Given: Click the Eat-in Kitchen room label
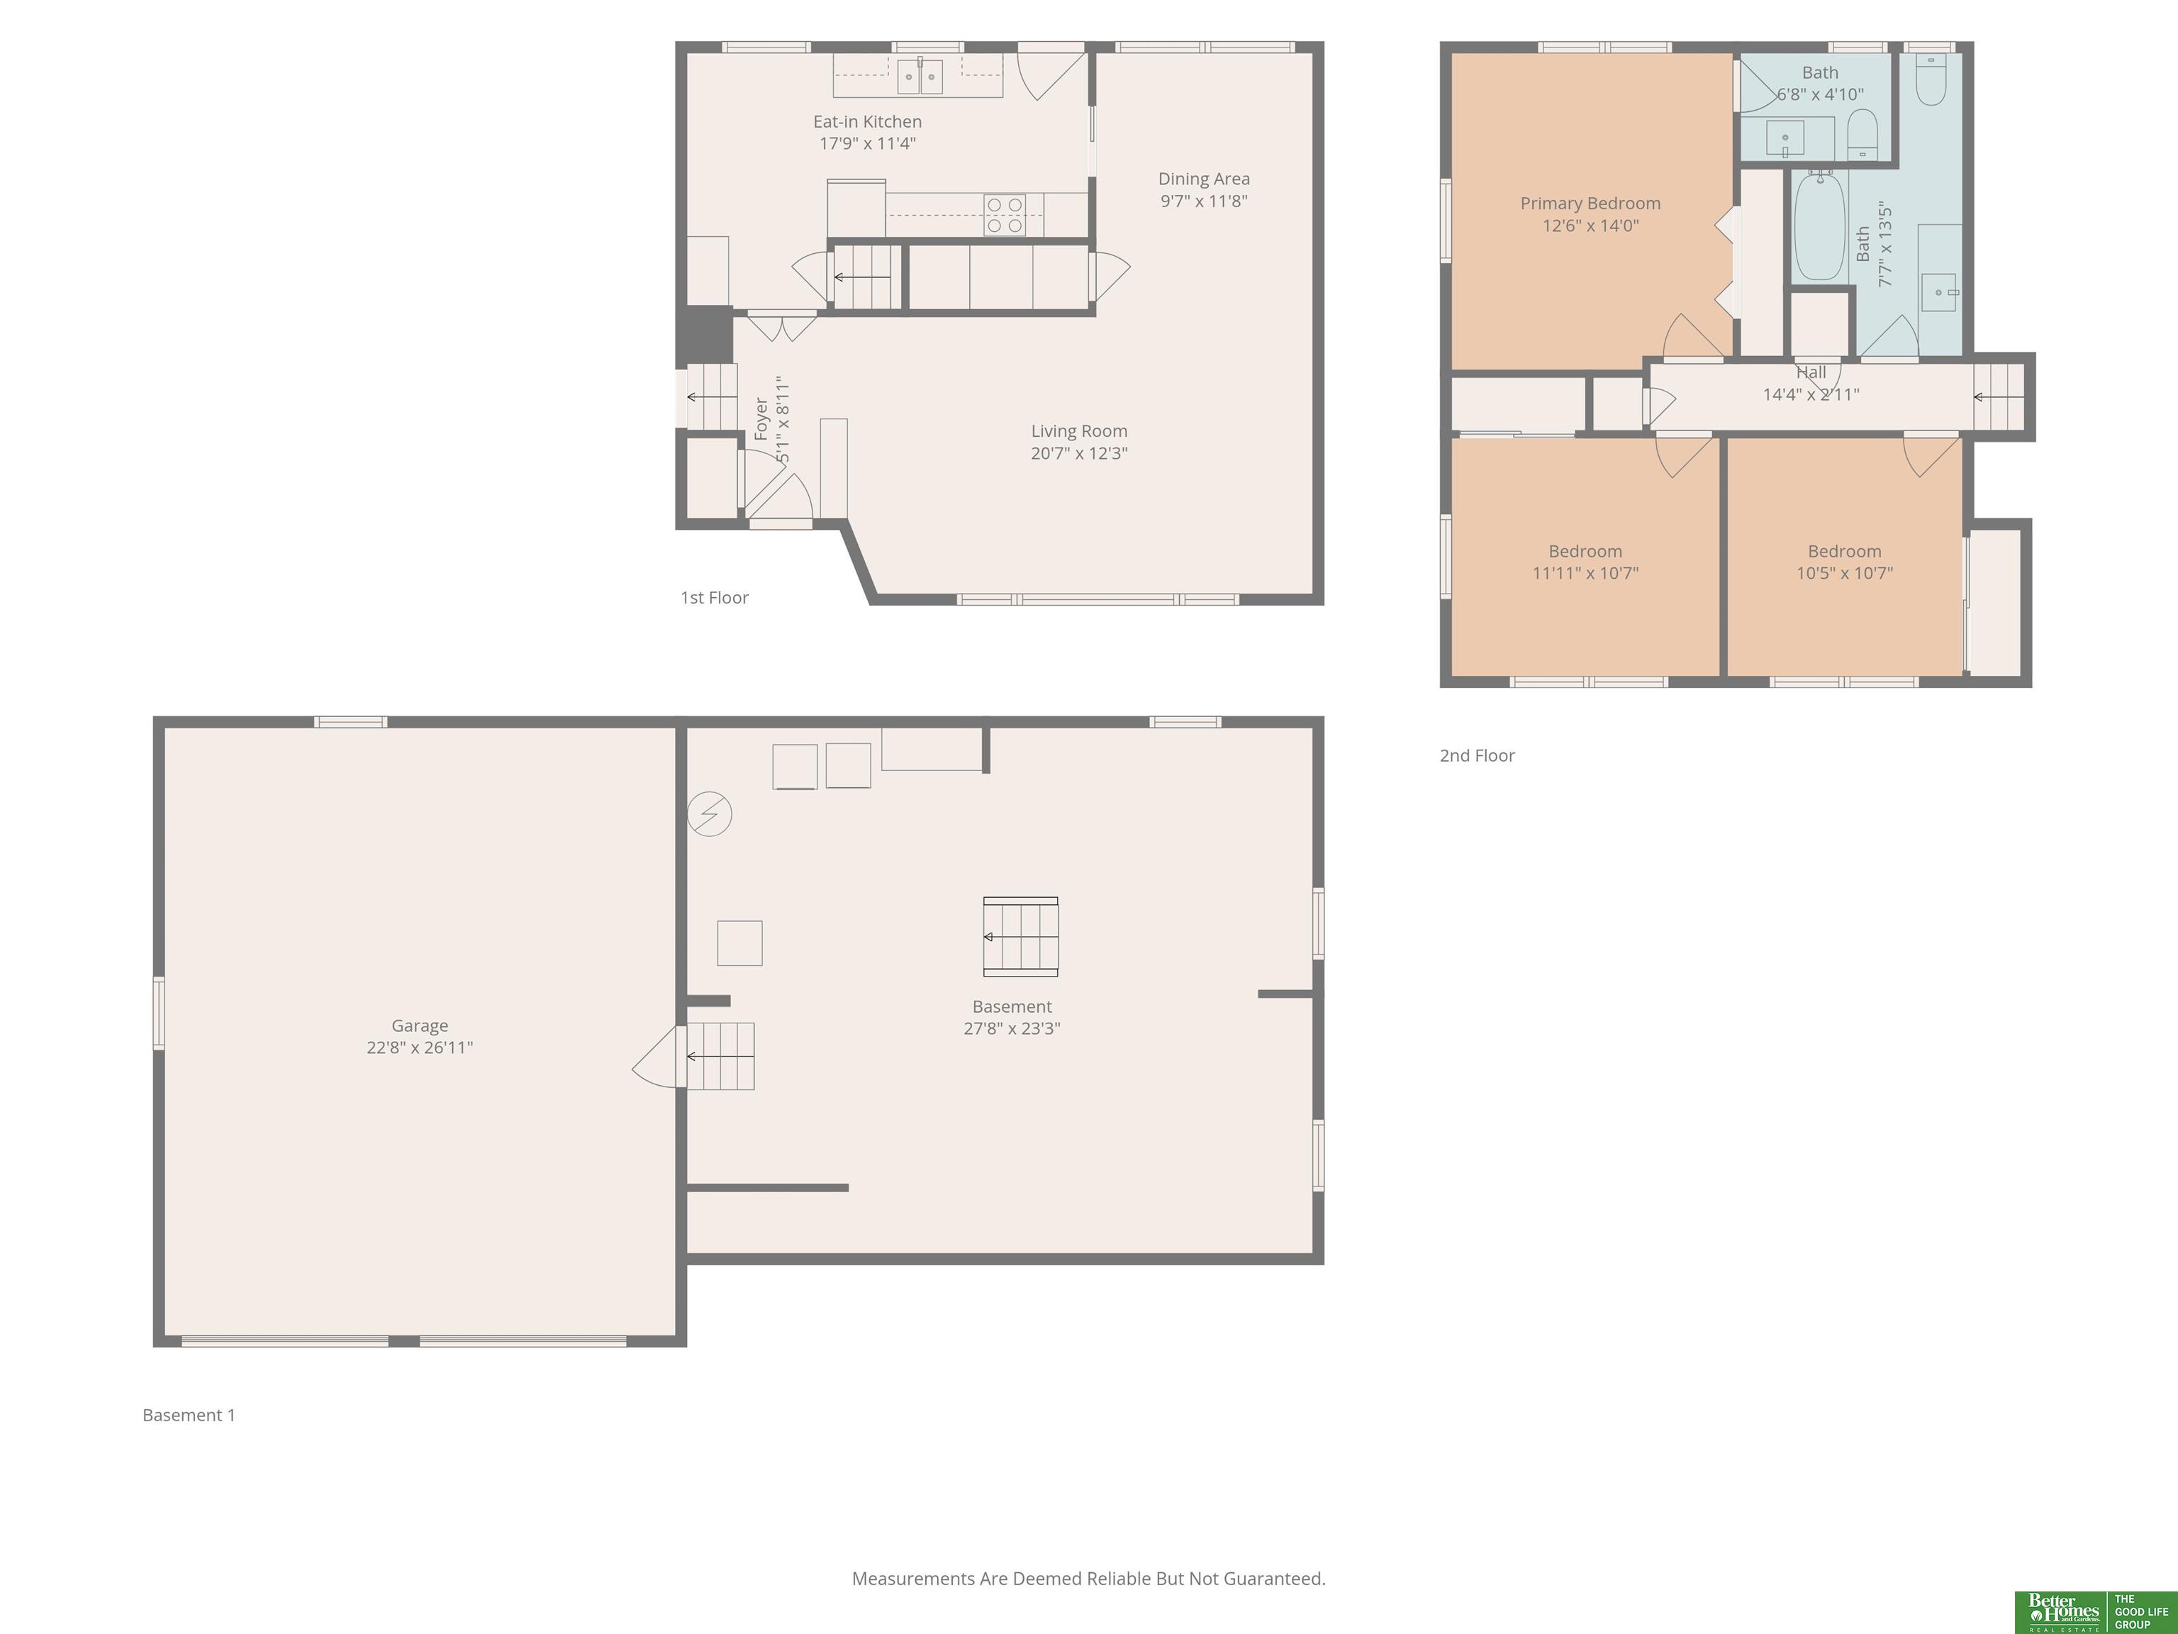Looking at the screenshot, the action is [x=868, y=122].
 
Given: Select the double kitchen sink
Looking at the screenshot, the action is [x=920, y=76].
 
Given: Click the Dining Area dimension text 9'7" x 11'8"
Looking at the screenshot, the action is [x=1204, y=201].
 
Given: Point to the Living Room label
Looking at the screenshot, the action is [x=1079, y=431].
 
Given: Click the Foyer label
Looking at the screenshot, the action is [x=761, y=418].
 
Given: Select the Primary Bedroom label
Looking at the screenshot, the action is [x=1590, y=204].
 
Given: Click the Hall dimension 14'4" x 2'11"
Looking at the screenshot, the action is [x=1811, y=395].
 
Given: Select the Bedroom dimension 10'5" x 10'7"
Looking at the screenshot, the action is [x=1844, y=573].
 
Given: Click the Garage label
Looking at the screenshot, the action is [x=420, y=1026].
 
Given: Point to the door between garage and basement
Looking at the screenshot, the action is [x=658, y=1057].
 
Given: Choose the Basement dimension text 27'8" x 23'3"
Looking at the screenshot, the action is [x=1012, y=1028].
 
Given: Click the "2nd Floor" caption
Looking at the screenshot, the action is [x=1477, y=755].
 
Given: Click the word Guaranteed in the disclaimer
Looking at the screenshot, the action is [x=1274, y=1579].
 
